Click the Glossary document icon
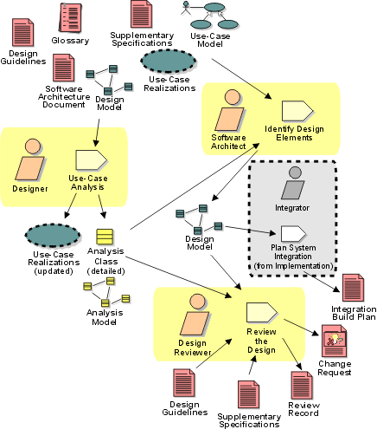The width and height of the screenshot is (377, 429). [70, 17]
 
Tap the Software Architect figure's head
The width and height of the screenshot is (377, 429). [233, 97]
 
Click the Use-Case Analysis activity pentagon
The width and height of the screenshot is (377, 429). [91, 159]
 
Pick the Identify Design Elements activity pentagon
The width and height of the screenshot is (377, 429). [297, 111]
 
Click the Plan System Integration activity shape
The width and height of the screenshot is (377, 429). [293, 233]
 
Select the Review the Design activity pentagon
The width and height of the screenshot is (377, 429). [262, 313]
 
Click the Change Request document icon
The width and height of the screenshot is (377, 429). [335, 341]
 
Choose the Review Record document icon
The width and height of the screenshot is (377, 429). [302, 386]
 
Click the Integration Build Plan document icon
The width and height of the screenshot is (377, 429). [353, 288]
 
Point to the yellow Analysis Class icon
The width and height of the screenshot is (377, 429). [105, 237]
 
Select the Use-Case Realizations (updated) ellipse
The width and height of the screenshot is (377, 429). [53, 235]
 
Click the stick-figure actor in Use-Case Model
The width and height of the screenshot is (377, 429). [186, 8]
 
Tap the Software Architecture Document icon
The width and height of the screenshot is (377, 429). [64, 68]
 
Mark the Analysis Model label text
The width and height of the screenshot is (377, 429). [105, 317]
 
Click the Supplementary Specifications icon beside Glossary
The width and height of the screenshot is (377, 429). [141, 14]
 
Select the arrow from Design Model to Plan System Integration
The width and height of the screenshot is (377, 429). [250, 231]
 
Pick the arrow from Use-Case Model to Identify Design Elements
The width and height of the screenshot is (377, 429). [241, 79]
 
